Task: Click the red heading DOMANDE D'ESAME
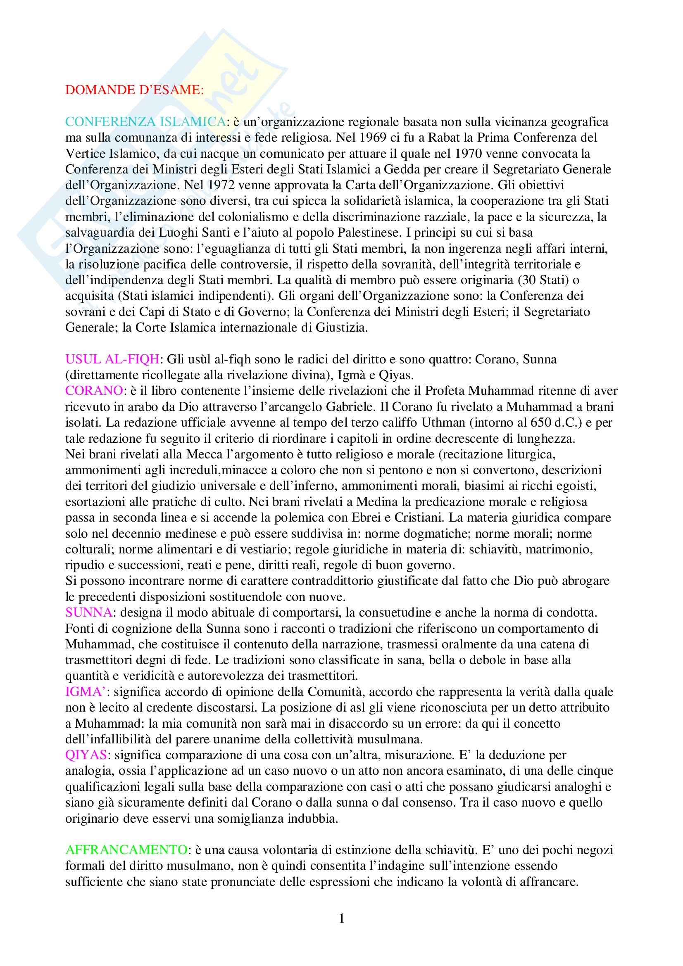(x=134, y=90)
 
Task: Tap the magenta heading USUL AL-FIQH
(x=112, y=359)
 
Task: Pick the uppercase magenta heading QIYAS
(x=86, y=755)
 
